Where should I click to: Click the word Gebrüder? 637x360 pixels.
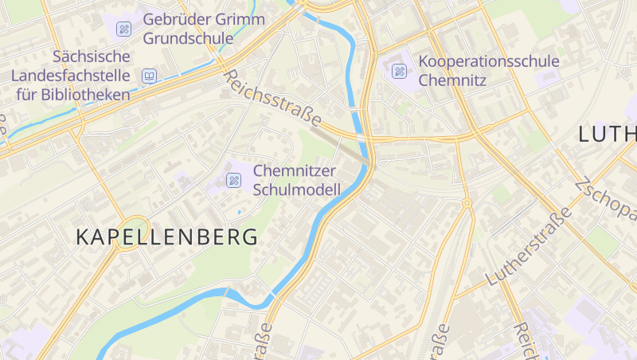171,19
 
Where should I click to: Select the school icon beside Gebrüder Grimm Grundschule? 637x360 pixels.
123,29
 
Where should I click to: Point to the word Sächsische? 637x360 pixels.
91,57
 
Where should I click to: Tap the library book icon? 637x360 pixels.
149,76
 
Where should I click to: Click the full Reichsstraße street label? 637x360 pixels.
272,99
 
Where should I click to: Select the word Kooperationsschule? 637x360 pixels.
489,61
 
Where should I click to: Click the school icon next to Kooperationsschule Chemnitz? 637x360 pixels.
399,72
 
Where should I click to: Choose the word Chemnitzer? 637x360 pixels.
295,170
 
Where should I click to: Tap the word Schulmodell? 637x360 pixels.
297,190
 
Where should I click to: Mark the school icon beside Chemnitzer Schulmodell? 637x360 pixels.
233,180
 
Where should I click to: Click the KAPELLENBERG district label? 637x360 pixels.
167,237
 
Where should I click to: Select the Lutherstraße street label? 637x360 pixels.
529,246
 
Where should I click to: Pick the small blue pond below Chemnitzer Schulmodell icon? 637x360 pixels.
240,213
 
